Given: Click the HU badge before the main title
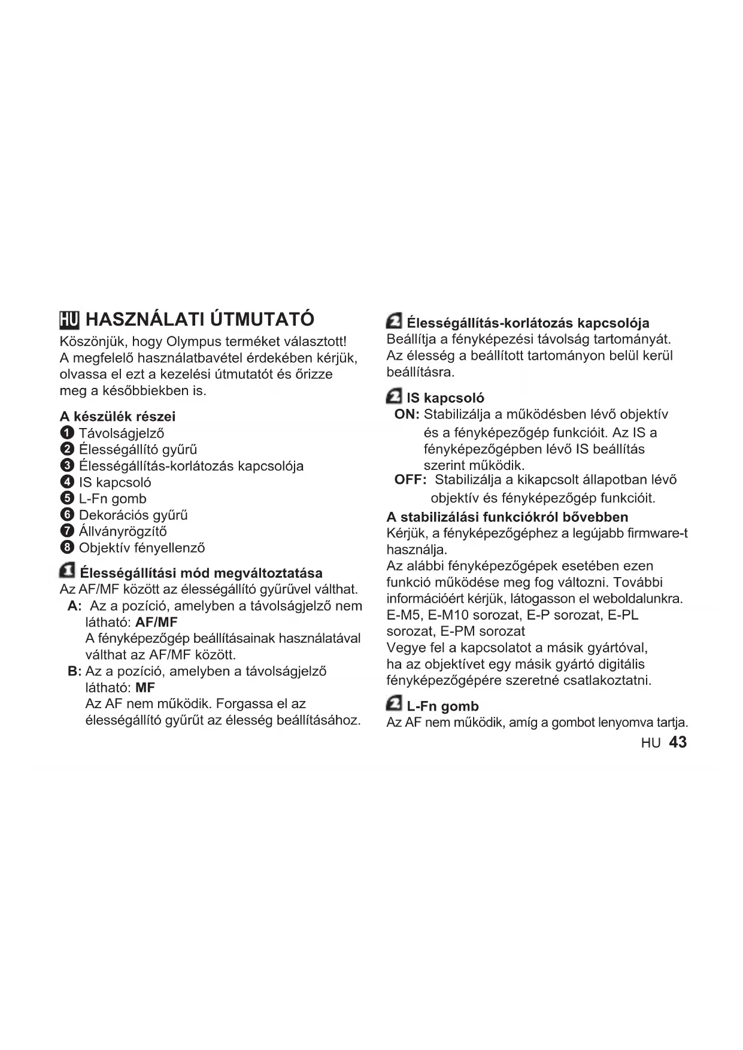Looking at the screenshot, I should pos(69,320).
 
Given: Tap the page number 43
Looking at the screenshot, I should pos(678,742).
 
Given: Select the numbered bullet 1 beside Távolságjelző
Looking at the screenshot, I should pos(67,433).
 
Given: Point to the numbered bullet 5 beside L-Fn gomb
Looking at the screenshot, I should pos(67,498).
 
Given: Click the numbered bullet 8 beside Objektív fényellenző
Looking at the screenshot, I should pos(67,547).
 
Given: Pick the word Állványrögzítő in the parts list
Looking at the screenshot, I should pos(123,531).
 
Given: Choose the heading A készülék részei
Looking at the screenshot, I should pos(117,416).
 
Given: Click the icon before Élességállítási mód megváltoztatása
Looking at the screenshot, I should pos(68,571).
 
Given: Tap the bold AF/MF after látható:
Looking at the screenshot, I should pos(157,622).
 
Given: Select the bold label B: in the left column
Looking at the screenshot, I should pos(74,671).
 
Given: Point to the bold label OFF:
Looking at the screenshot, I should pos(410,480).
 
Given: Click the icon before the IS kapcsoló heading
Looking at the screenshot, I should pos(394,397).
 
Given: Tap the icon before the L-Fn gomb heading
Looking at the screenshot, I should pos(394,705).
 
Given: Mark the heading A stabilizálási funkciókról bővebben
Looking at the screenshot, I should pos(507,517).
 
